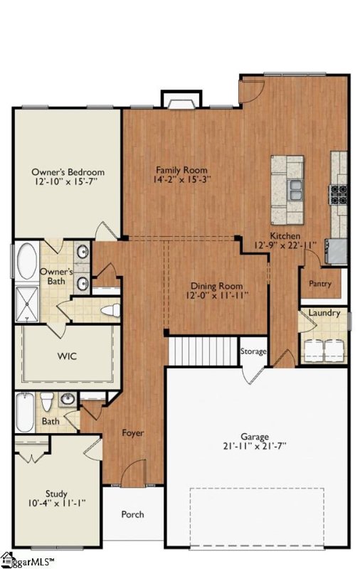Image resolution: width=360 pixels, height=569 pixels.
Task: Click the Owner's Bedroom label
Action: point(68,171)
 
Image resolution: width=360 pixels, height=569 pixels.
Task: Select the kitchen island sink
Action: point(296,190)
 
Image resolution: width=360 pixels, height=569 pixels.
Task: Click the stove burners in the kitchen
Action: point(338,195)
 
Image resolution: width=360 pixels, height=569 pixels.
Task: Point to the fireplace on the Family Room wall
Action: point(181,100)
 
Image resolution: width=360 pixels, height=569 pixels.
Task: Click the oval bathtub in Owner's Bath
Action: point(27,261)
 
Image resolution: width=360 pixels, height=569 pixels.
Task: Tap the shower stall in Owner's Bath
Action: point(27,304)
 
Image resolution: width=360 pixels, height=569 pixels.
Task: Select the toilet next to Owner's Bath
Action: point(110,310)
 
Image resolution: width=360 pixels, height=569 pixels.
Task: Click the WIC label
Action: point(67,356)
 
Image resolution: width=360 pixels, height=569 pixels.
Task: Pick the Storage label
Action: point(253,351)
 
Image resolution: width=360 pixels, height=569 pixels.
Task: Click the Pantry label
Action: point(320,283)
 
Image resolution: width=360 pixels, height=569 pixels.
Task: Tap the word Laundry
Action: point(324,313)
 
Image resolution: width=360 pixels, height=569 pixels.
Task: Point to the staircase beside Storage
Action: point(203,351)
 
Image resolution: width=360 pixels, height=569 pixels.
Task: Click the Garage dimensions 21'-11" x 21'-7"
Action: point(255,446)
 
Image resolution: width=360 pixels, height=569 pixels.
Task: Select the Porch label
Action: point(132,514)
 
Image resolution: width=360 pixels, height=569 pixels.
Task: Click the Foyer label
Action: point(132,432)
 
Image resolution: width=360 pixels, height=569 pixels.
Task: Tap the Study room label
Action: point(56,494)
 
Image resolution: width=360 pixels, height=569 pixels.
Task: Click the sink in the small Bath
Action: point(67,399)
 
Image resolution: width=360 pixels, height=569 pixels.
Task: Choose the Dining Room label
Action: point(217,286)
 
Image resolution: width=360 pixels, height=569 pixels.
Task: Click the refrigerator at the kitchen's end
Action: point(337,251)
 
